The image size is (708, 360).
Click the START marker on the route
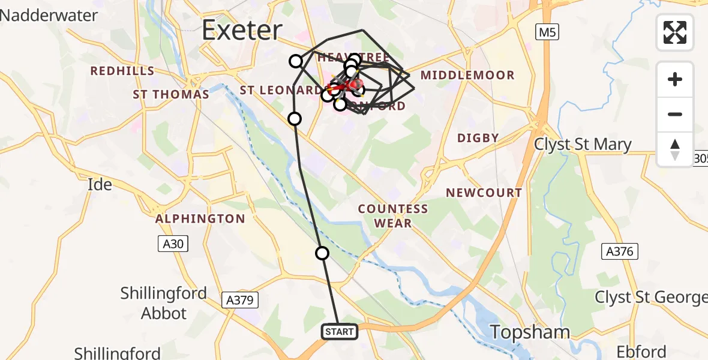pos(340,331)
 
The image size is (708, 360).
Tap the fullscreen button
pos(675,32)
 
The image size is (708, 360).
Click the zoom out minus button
pos(675,114)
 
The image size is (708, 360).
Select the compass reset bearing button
pos(675,149)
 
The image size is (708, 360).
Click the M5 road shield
pos(547,32)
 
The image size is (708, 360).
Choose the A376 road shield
pos(619,251)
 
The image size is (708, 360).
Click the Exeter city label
pos(242,29)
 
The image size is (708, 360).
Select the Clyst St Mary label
pos(583,145)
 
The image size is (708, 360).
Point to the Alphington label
pos(200,219)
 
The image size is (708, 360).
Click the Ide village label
pos(100,184)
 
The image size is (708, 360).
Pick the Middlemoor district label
pos(467,76)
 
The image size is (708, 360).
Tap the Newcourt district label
pos(484,193)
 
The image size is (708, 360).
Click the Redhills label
pos(122,71)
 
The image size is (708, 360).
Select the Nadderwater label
pos(49,15)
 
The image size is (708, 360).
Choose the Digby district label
pos(478,137)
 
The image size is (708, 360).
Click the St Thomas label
pos(171,94)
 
